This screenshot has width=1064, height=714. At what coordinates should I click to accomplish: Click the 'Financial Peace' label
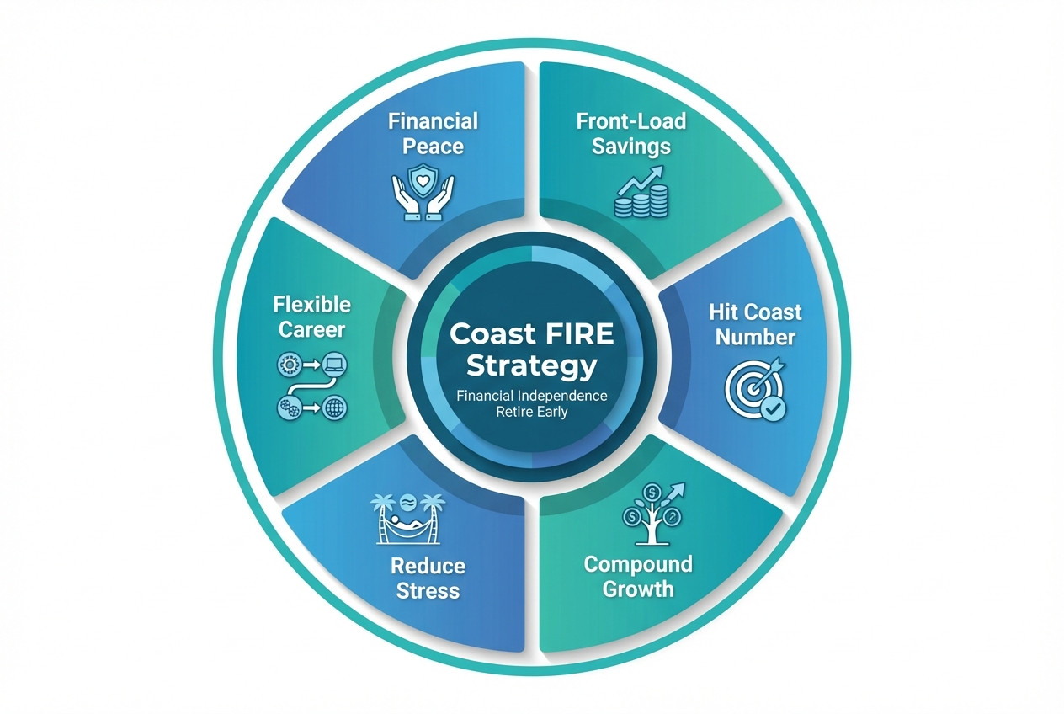pos(433,133)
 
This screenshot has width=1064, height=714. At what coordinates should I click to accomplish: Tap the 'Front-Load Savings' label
pos(630,133)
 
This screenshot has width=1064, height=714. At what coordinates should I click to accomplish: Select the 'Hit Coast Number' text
pos(753,324)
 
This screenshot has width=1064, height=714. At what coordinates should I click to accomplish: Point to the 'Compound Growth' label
pos(638,575)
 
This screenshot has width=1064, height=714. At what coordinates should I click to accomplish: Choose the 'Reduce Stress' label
pos(426,577)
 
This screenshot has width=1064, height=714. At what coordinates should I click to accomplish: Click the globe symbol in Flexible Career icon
pos(334,409)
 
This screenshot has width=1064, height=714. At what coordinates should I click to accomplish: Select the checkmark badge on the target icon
pos(774,409)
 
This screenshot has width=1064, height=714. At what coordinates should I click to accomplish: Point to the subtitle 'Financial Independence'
pos(532,396)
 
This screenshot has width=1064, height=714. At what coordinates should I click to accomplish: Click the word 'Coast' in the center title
pos(492,334)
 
